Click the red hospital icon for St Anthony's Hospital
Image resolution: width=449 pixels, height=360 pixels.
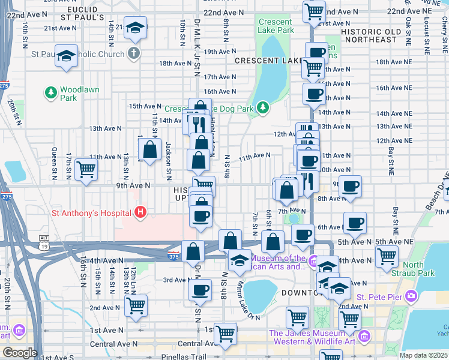point(140,212)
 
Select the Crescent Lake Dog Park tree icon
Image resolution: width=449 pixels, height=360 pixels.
point(262,108)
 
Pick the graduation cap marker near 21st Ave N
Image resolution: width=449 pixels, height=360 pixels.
point(136,28)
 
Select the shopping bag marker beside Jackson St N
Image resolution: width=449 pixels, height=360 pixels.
point(150,148)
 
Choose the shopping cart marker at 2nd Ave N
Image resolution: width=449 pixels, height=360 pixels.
point(136,305)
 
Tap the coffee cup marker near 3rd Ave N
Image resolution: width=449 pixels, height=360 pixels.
point(200,290)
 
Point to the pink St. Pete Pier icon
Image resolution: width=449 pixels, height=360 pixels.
point(411,296)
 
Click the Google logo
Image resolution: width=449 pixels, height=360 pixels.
point(19,352)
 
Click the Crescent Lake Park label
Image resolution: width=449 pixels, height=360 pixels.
point(276,26)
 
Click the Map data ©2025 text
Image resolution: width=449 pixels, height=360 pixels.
point(423,355)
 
